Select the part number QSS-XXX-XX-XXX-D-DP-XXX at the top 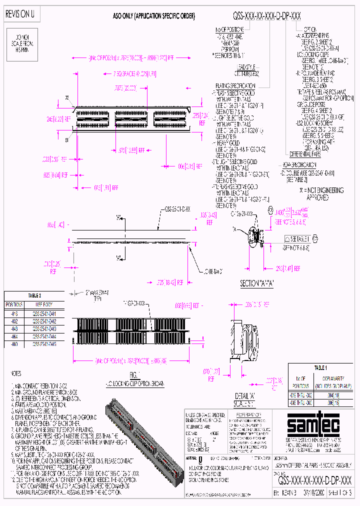pos(267,16)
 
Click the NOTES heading pos(17,373)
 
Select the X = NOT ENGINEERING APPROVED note pos(322,194)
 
